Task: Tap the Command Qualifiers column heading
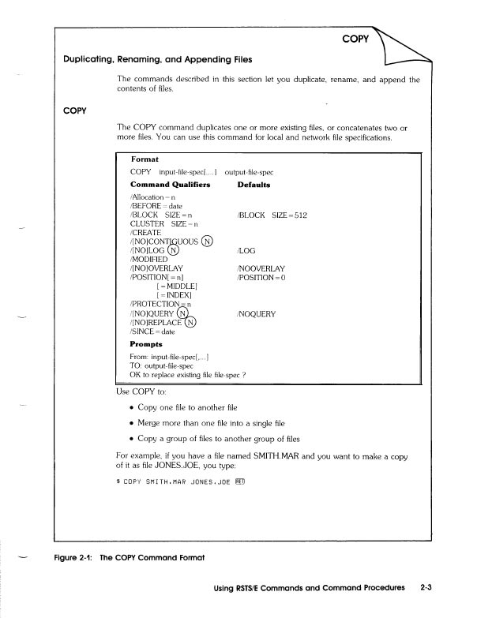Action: pos(170,185)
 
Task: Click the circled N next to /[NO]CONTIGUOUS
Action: pos(208,242)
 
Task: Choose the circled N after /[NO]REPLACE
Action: pos(190,322)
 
